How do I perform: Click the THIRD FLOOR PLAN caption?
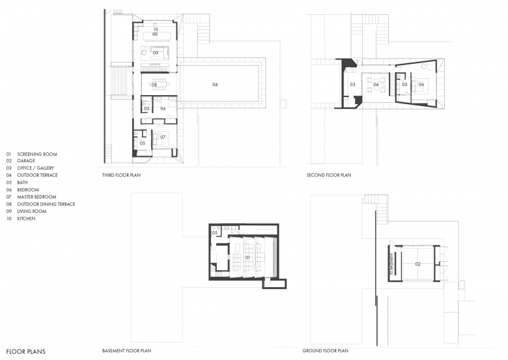[x=122, y=175]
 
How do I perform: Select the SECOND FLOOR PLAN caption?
[x=329, y=175]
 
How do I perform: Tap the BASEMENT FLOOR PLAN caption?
[x=127, y=351]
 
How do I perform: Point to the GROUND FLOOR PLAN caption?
[x=326, y=351]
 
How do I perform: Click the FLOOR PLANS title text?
[x=26, y=352]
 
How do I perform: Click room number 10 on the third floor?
[x=156, y=29]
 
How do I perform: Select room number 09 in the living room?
[x=156, y=53]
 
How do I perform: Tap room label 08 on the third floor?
[x=154, y=85]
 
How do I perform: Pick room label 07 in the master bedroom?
[x=163, y=137]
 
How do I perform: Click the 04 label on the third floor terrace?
[x=215, y=85]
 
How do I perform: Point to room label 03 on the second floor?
[x=352, y=85]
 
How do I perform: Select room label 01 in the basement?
[x=247, y=258]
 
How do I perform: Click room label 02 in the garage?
[x=418, y=264]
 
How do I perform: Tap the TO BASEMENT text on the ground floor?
[x=392, y=264]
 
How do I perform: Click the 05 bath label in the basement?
[x=215, y=233]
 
